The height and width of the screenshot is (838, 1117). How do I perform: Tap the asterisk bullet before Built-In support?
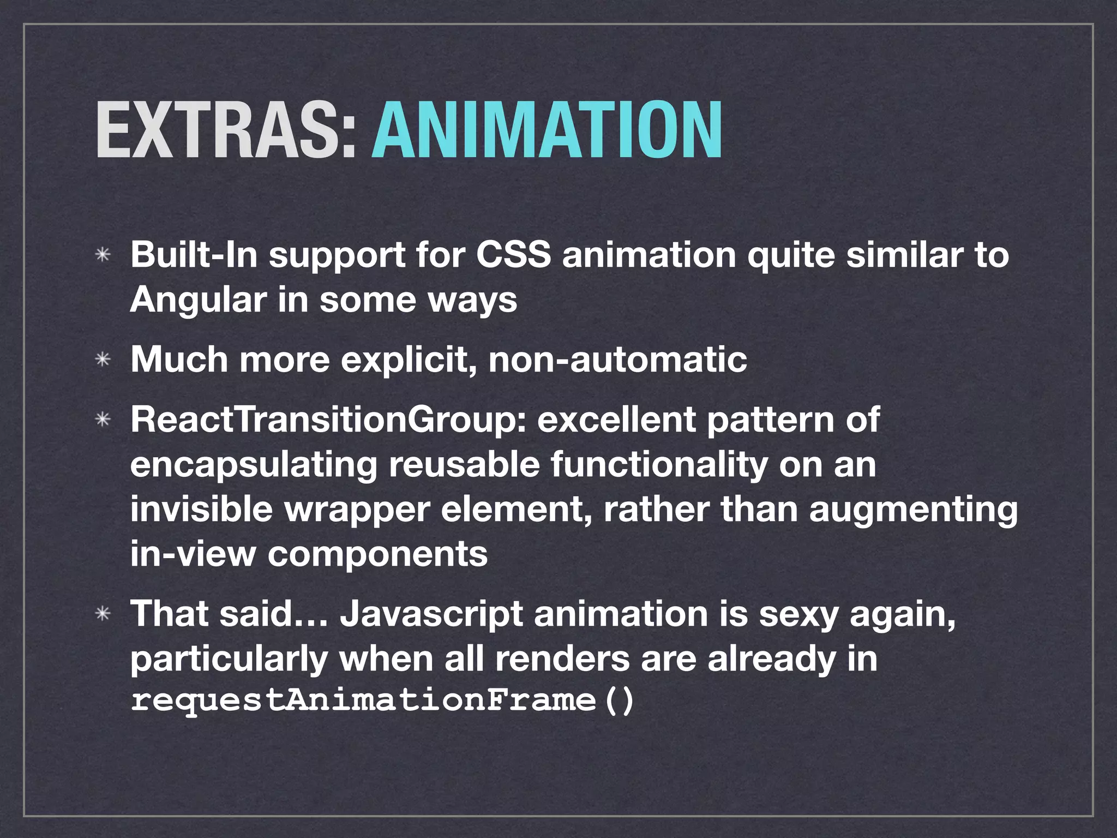coord(103,255)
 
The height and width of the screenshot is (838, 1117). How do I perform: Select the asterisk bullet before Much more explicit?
coord(103,360)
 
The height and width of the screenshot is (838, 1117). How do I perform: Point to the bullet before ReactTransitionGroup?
coord(103,420)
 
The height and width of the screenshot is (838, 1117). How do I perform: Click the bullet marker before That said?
coord(103,614)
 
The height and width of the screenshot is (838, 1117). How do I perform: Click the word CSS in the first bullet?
coord(513,255)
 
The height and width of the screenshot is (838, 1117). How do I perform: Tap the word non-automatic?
coord(617,360)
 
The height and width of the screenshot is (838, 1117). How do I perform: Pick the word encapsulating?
coord(254,465)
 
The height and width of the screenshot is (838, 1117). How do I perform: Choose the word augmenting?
coord(913,510)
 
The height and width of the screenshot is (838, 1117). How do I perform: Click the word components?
coord(377,554)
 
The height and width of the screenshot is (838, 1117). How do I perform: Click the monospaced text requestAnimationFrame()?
coord(382,701)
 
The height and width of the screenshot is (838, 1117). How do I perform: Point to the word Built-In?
coord(194,255)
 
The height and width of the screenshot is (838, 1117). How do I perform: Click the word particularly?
coord(229,659)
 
